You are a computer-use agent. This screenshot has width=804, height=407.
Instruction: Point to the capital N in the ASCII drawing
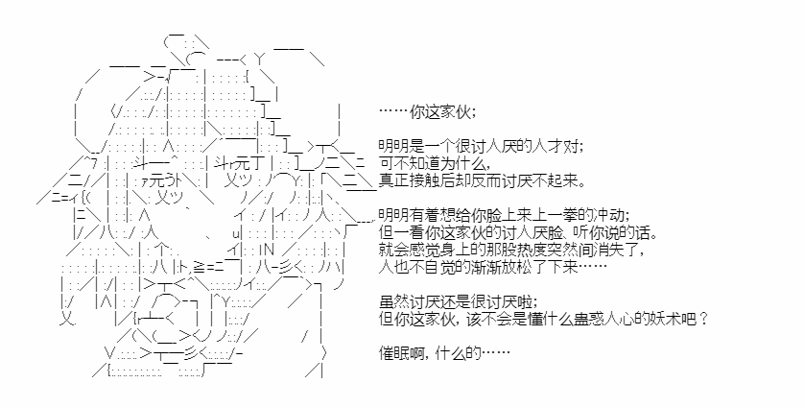tap(271, 251)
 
